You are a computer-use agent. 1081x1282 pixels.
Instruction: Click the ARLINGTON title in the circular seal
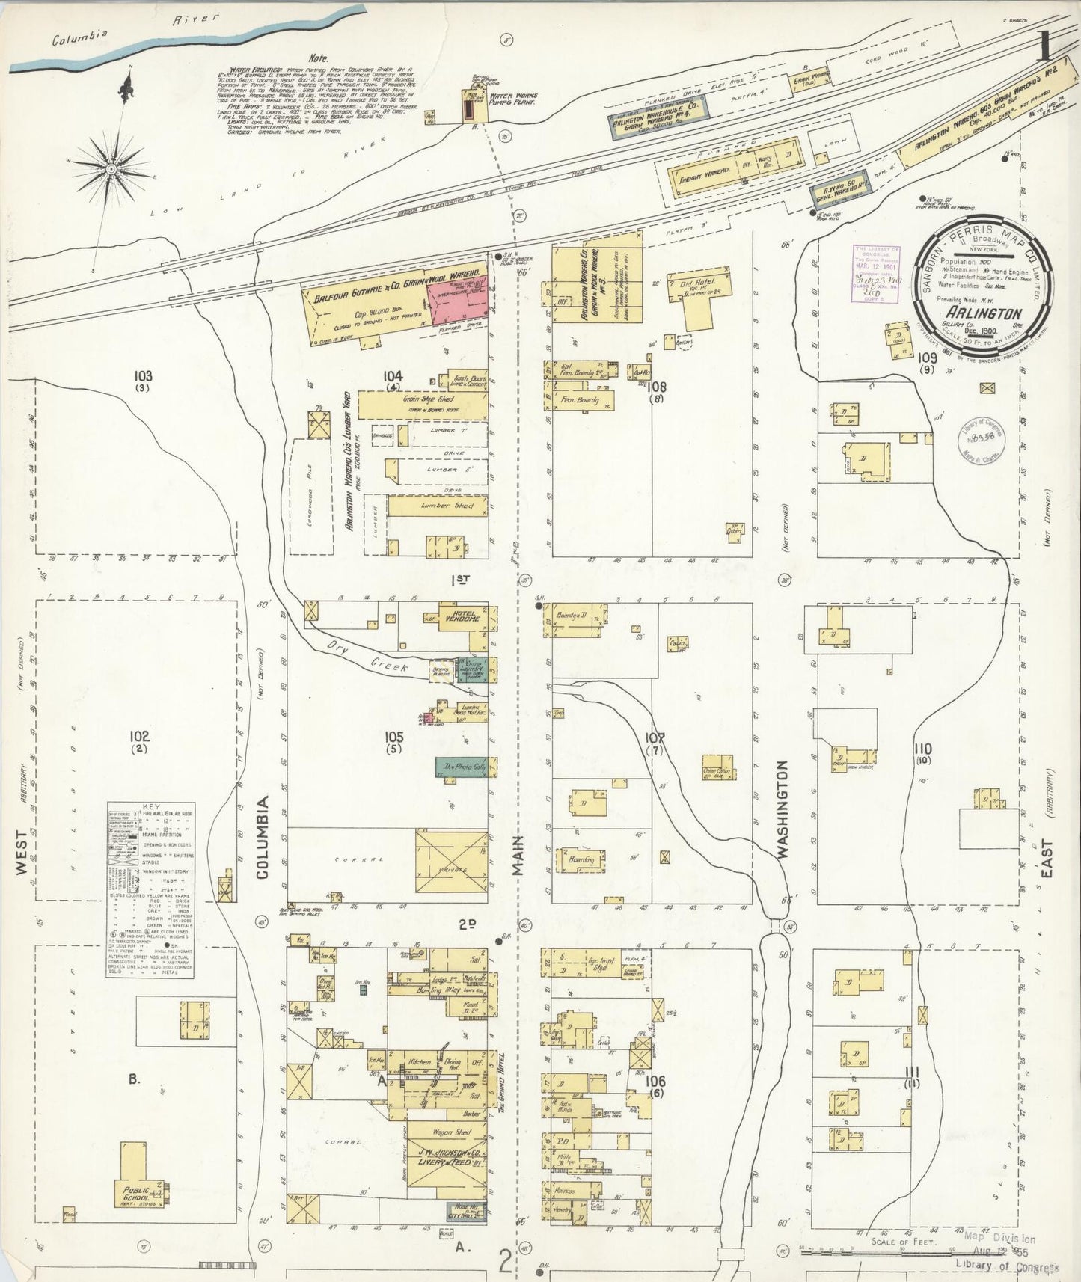coord(982,313)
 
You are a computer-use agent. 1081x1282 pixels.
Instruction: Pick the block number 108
coord(656,387)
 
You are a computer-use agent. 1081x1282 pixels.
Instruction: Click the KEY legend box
coord(150,890)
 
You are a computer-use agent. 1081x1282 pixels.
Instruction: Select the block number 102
coord(139,737)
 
